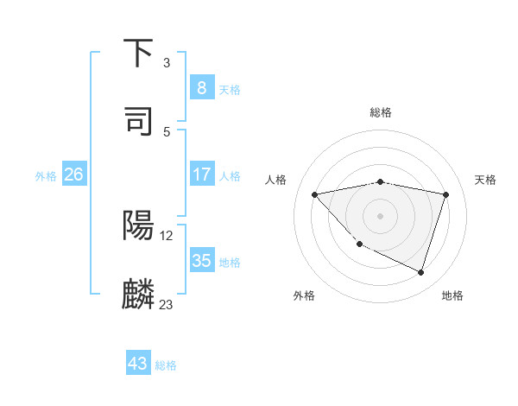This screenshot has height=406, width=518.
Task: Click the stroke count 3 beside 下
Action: click(166, 63)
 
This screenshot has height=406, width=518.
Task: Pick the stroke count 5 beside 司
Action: click(166, 131)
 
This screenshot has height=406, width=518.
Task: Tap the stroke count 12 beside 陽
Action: click(167, 235)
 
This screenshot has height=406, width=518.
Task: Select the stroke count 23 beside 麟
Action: click(167, 304)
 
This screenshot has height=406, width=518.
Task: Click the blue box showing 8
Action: click(201, 87)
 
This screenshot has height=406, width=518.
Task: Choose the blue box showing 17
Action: click(201, 174)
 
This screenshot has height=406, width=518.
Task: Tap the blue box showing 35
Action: click(201, 261)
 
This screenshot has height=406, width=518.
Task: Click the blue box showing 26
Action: click(73, 174)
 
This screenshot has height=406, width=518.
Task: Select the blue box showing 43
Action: click(137, 364)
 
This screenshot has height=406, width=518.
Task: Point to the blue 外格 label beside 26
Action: click(46, 176)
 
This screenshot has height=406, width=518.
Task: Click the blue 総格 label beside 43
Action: click(166, 365)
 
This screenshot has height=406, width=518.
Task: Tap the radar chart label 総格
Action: click(381, 112)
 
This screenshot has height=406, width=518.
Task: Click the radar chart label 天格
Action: click(485, 180)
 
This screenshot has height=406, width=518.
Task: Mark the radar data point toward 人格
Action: click(315, 194)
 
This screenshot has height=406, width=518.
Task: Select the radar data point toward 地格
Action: click(420, 272)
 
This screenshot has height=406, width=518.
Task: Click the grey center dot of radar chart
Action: click(381, 215)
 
